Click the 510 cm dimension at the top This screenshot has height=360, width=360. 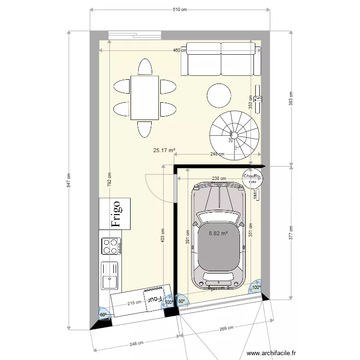click(180, 9)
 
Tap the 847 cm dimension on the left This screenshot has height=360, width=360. click(69, 180)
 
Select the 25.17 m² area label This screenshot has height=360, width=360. click(164, 150)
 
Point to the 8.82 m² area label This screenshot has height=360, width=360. click(218, 234)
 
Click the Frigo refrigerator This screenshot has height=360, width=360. click(115, 214)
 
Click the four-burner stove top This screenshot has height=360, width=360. click(111, 246)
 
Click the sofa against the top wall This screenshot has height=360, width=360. click(221, 59)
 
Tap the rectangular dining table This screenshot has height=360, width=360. click(144, 97)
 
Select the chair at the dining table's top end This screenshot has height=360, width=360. click(145, 67)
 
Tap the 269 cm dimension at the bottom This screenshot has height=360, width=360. click(227, 328)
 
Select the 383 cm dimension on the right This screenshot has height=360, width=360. click(290, 99)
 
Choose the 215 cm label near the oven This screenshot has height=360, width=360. click(134, 303)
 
